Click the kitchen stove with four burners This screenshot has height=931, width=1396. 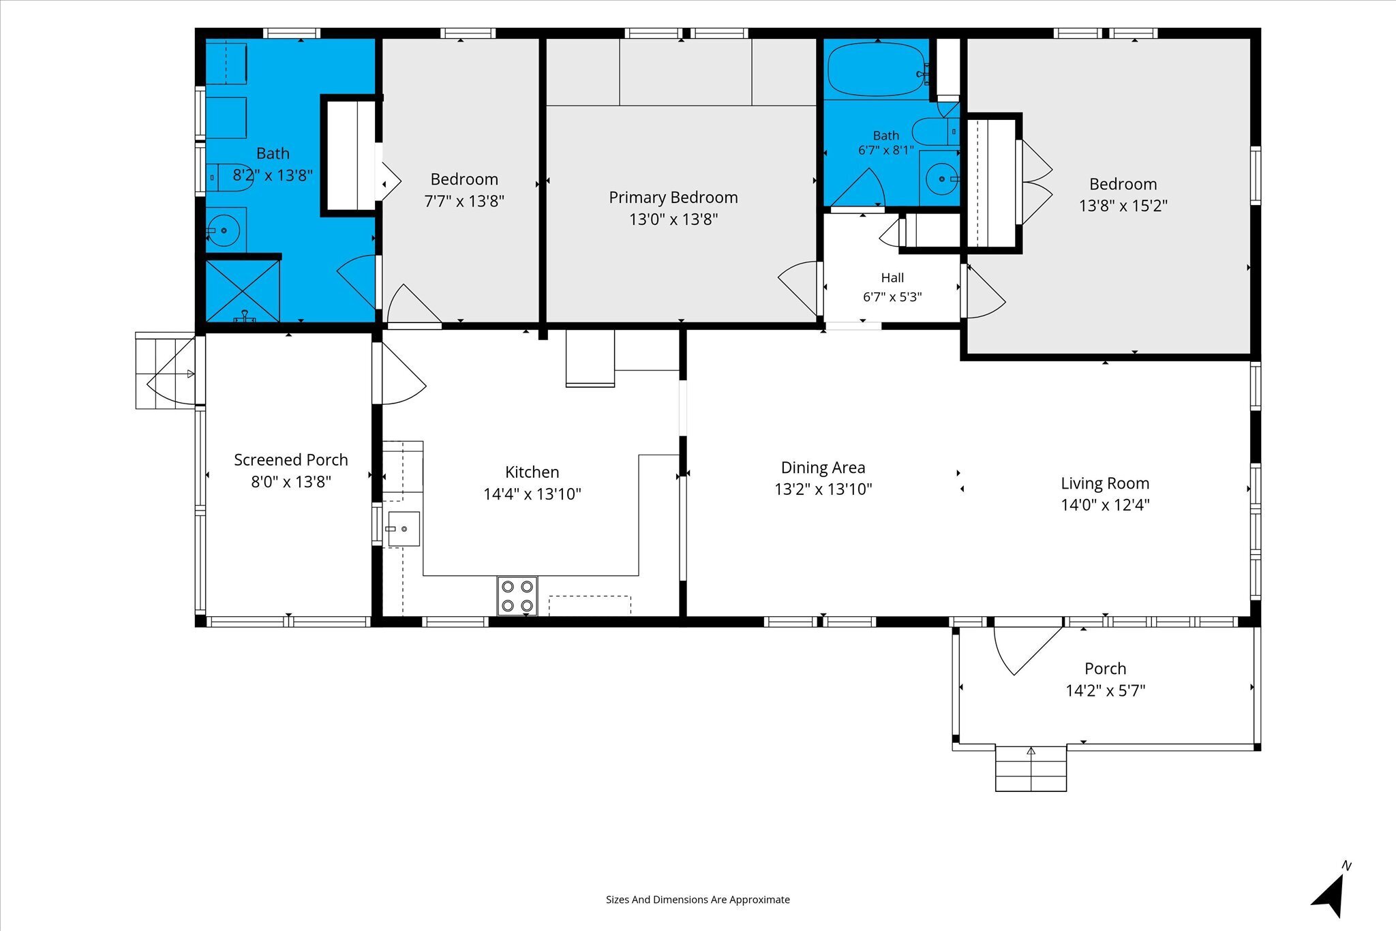(x=517, y=596)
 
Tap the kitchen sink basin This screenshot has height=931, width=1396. (x=404, y=529)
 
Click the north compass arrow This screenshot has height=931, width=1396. (x=1329, y=894)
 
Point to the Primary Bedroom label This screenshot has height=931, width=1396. (x=673, y=198)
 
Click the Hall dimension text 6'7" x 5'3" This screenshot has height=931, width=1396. (x=892, y=296)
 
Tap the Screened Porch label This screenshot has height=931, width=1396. (x=291, y=460)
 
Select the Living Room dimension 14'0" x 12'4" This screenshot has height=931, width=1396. (x=1105, y=505)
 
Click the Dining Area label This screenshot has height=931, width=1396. (x=823, y=468)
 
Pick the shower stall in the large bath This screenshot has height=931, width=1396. (x=243, y=291)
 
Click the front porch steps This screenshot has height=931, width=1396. (x=1031, y=768)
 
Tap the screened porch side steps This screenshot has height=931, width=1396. (x=166, y=371)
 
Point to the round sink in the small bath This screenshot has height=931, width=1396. (x=942, y=179)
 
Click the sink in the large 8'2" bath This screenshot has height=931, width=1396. (x=224, y=230)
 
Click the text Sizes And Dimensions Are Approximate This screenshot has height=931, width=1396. (x=698, y=900)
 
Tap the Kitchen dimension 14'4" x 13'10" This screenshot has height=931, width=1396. (x=532, y=494)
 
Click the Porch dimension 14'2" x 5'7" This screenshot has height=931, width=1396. (x=1106, y=690)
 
